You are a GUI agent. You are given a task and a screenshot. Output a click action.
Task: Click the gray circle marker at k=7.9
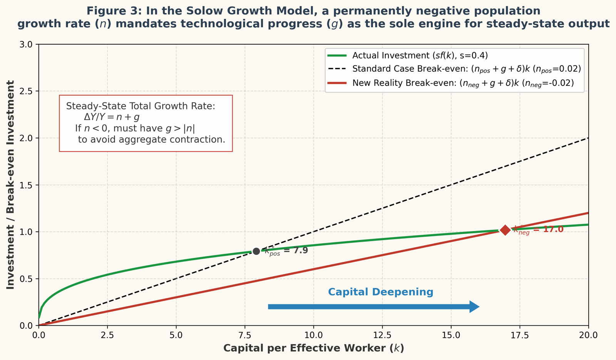pos(256,251)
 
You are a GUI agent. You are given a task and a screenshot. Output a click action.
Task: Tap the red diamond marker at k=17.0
pos(505,230)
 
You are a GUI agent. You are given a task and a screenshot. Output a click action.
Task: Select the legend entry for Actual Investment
pos(420,55)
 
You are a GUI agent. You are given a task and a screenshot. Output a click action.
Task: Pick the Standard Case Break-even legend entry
pos(466,69)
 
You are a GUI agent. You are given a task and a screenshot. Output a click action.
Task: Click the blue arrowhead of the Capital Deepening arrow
pos(474,307)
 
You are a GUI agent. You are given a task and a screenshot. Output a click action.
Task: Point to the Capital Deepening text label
pos(380,292)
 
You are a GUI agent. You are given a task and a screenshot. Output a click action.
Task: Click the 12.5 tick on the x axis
pos(382,335)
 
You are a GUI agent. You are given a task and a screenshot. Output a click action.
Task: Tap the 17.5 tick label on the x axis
pos(520,335)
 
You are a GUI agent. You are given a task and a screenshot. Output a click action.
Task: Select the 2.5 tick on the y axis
pos(28,91)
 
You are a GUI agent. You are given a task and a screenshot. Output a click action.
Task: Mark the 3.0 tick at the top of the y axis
pos(28,44)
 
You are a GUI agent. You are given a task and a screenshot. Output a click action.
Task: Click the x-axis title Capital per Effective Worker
pos(313,348)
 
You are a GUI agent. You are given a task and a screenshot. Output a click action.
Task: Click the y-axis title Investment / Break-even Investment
pos(11,185)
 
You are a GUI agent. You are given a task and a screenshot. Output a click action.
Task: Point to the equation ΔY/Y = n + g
pos(112,117)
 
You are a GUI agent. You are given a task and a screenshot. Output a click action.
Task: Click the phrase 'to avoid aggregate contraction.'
pos(151,139)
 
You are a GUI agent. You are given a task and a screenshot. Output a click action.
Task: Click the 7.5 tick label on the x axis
pos(245,335)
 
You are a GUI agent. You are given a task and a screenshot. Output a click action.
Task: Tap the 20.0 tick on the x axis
pos(588,335)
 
